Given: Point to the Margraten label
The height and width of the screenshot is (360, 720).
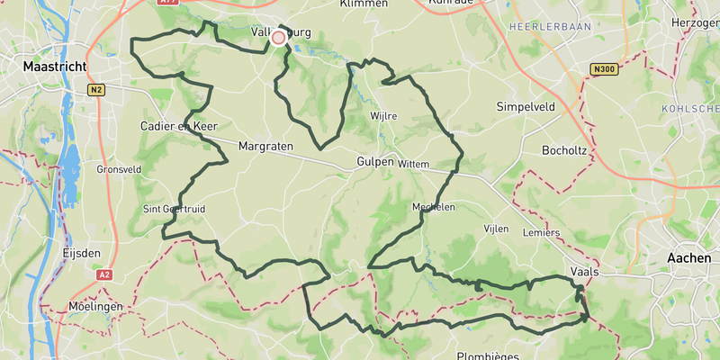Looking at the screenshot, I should click(268, 146).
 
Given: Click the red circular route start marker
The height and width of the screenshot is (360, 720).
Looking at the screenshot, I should click(278, 37).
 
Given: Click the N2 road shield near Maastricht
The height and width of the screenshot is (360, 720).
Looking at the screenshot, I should click(96, 89).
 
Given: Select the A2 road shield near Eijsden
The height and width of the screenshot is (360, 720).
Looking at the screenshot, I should click(105, 274).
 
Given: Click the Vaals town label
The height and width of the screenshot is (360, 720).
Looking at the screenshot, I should click(585, 271).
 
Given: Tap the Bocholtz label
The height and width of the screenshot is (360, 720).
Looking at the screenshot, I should click(565, 149).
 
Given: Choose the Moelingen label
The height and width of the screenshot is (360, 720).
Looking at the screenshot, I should click(94, 307).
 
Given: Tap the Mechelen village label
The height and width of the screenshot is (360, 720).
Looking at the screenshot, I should click(433, 207).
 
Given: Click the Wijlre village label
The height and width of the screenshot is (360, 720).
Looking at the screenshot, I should click(383, 116).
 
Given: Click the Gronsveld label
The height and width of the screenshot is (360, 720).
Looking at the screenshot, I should click(117, 169).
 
